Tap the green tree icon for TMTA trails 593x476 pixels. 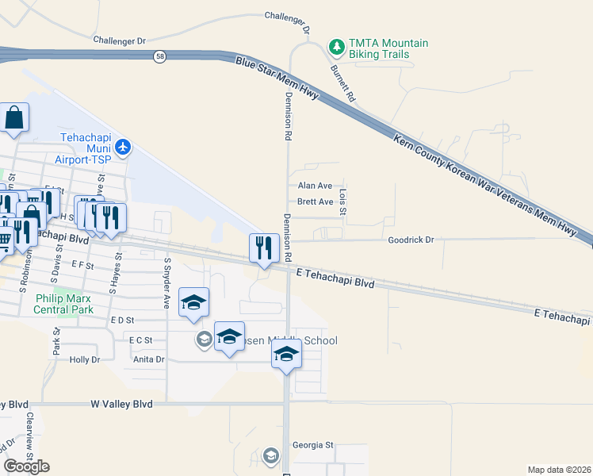click(337, 48)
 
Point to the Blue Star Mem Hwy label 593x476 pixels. click(277, 78)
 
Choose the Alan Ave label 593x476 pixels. click(315, 185)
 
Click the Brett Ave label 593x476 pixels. click(315, 202)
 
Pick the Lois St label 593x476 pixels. click(343, 196)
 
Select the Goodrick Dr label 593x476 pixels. click(411, 240)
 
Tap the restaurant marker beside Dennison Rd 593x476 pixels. click(264, 248)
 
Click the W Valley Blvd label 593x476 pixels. click(121, 404)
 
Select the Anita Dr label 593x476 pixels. click(148, 359)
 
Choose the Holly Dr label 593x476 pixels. click(85, 359)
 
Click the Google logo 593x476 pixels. click(26, 466)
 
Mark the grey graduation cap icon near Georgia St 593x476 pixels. click(271, 455)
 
